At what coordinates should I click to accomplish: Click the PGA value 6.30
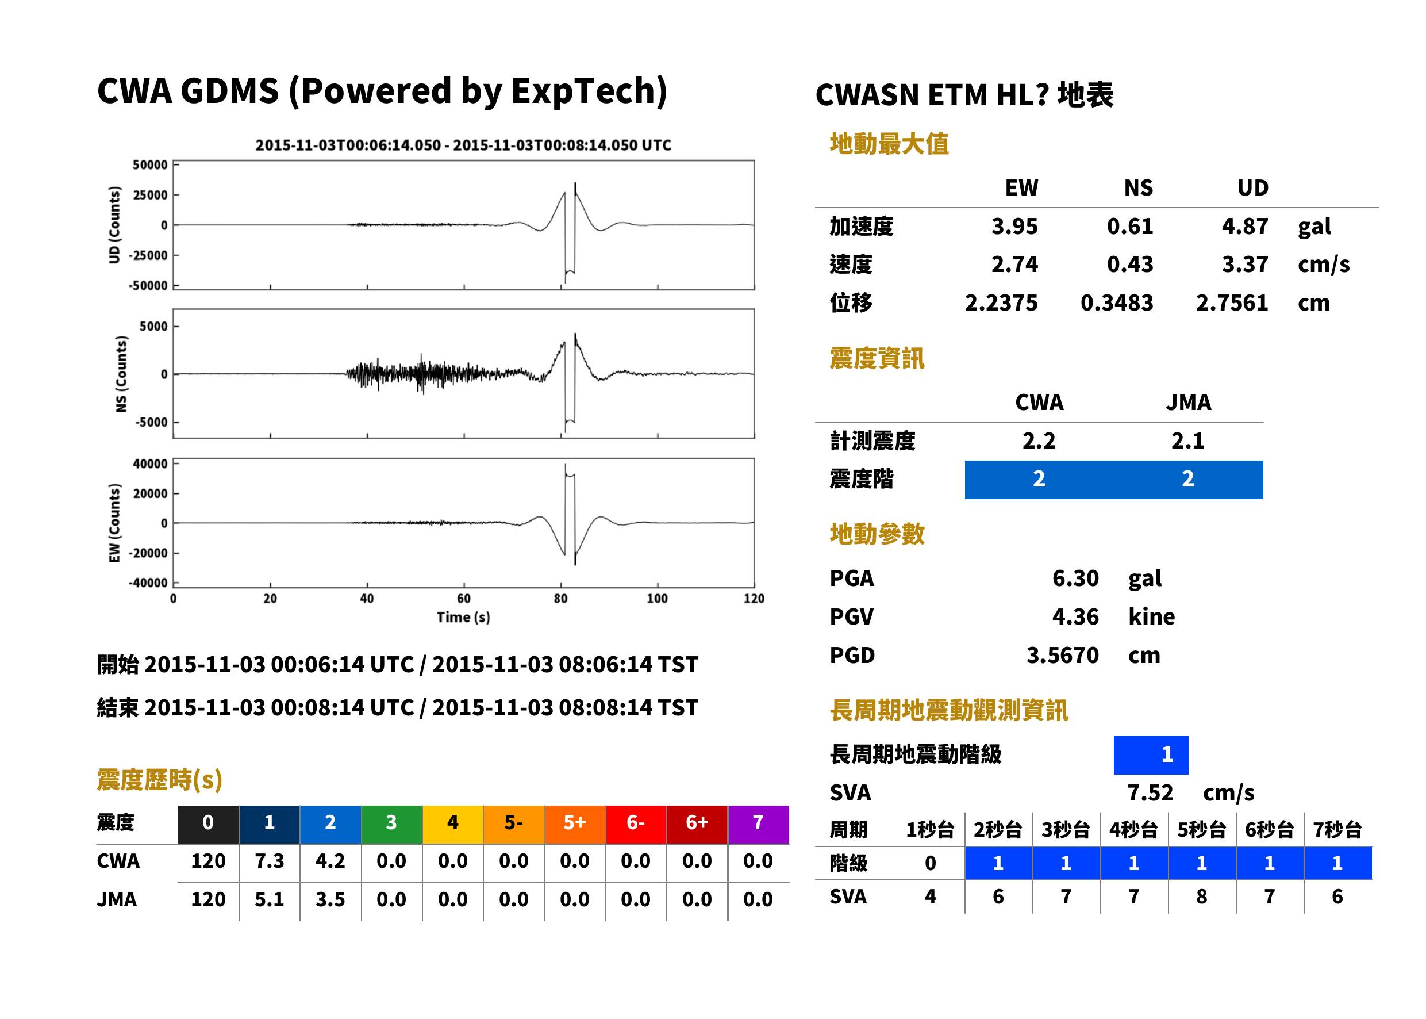[1075, 578]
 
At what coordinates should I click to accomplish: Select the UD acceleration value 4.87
[1245, 226]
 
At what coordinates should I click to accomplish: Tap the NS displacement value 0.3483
[1117, 303]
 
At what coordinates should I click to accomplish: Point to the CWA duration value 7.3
[270, 861]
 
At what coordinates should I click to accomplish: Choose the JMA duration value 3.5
[330, 899]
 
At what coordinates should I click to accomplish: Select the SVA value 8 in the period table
[1201, 897]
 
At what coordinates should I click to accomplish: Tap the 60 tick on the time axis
[463, 599]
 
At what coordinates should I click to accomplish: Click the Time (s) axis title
[463, 618]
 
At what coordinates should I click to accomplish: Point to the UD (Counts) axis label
[114, 225]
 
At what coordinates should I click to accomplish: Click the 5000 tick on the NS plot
[153, 326]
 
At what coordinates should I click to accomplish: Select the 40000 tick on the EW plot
[151, 463]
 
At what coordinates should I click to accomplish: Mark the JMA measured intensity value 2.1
[1187, 440]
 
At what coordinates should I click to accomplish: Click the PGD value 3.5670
[1063, 655]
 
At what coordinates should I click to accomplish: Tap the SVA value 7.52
[1150, 792]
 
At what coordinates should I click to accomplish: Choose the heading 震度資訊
[877, 359]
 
